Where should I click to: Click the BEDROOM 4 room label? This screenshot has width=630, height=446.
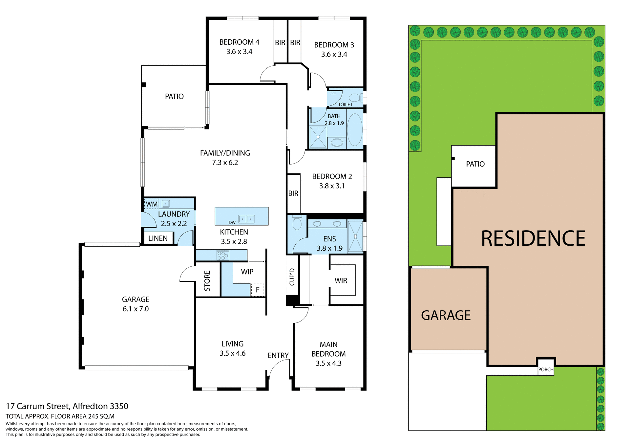[x=239, y=42]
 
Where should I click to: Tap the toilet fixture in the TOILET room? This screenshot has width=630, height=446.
[x=355, y=98]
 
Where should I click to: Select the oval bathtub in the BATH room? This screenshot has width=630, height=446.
[x=354, y=130]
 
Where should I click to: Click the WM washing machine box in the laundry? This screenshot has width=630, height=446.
[x=152, y=204]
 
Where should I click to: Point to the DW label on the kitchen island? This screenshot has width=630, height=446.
[x=232, y=222]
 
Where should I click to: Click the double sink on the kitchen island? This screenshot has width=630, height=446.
[x=246, y=219]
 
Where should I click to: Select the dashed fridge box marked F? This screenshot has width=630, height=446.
[x=258, y=290]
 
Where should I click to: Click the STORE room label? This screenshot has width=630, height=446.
[x=207, y=281]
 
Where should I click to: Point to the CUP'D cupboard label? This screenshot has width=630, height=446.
[x=292, y=277]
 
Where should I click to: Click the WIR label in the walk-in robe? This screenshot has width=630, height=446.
[x=341, y=281]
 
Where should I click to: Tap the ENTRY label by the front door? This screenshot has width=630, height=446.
[x=278, y=355]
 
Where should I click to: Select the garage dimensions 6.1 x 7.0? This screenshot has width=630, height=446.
[x=136, y=309]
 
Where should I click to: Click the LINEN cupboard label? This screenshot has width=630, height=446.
[x=158, y=238]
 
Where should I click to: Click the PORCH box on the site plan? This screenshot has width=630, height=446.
[x=546, y=369]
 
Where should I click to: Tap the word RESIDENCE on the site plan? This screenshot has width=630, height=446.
[x=533, y=238]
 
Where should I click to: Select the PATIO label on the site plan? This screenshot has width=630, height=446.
[x=475, y=164]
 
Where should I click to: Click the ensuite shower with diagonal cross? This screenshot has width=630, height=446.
[x=355, y=236]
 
